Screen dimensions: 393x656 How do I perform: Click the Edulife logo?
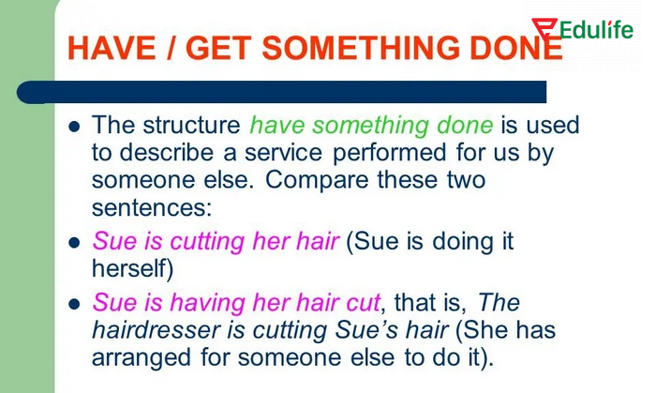pos(581,29)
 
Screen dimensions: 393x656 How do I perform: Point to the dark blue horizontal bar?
pos(281,92)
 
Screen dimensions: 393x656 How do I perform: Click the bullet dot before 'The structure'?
pos(75,126)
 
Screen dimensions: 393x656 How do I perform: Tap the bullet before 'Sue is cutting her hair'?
pos(75,242)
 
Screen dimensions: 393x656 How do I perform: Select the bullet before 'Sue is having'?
pos(75,304)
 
